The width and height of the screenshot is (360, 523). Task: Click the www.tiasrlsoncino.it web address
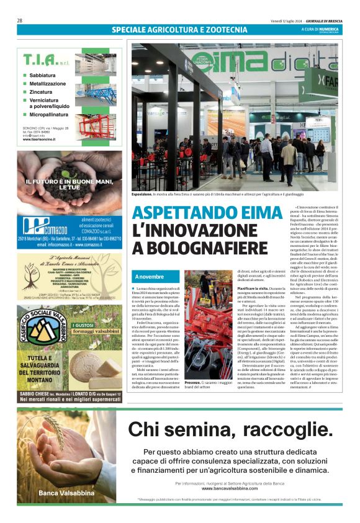[40, 140]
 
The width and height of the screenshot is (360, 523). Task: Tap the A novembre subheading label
[149, 276]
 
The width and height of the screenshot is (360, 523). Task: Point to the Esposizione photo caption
[142, 194]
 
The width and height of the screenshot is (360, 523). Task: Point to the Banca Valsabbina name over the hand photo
[62, 493]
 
